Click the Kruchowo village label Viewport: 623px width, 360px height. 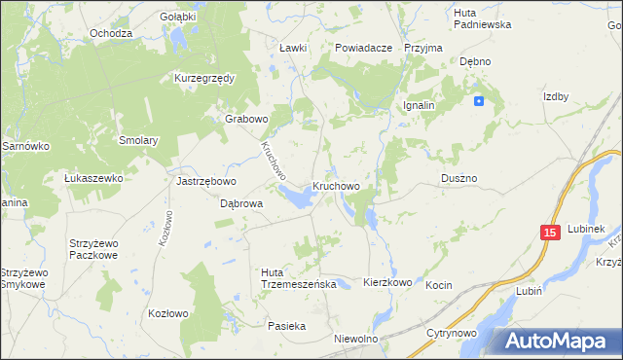tap(337, 185)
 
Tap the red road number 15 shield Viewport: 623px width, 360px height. tap(550, 233)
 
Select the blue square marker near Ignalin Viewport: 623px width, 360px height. tap(479, 101)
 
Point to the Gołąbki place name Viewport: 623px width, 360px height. tap(178, 17)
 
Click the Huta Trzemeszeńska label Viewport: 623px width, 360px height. tap(298, 277)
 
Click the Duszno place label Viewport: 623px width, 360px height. tap(458, 179)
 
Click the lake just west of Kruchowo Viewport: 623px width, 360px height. tap(297, 198)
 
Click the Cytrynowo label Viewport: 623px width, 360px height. tap(451, 333)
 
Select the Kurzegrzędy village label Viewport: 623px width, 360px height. tap(205, 78)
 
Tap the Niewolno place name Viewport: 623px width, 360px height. tap(355, 339)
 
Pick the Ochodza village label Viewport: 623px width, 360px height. tap(111, 33)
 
